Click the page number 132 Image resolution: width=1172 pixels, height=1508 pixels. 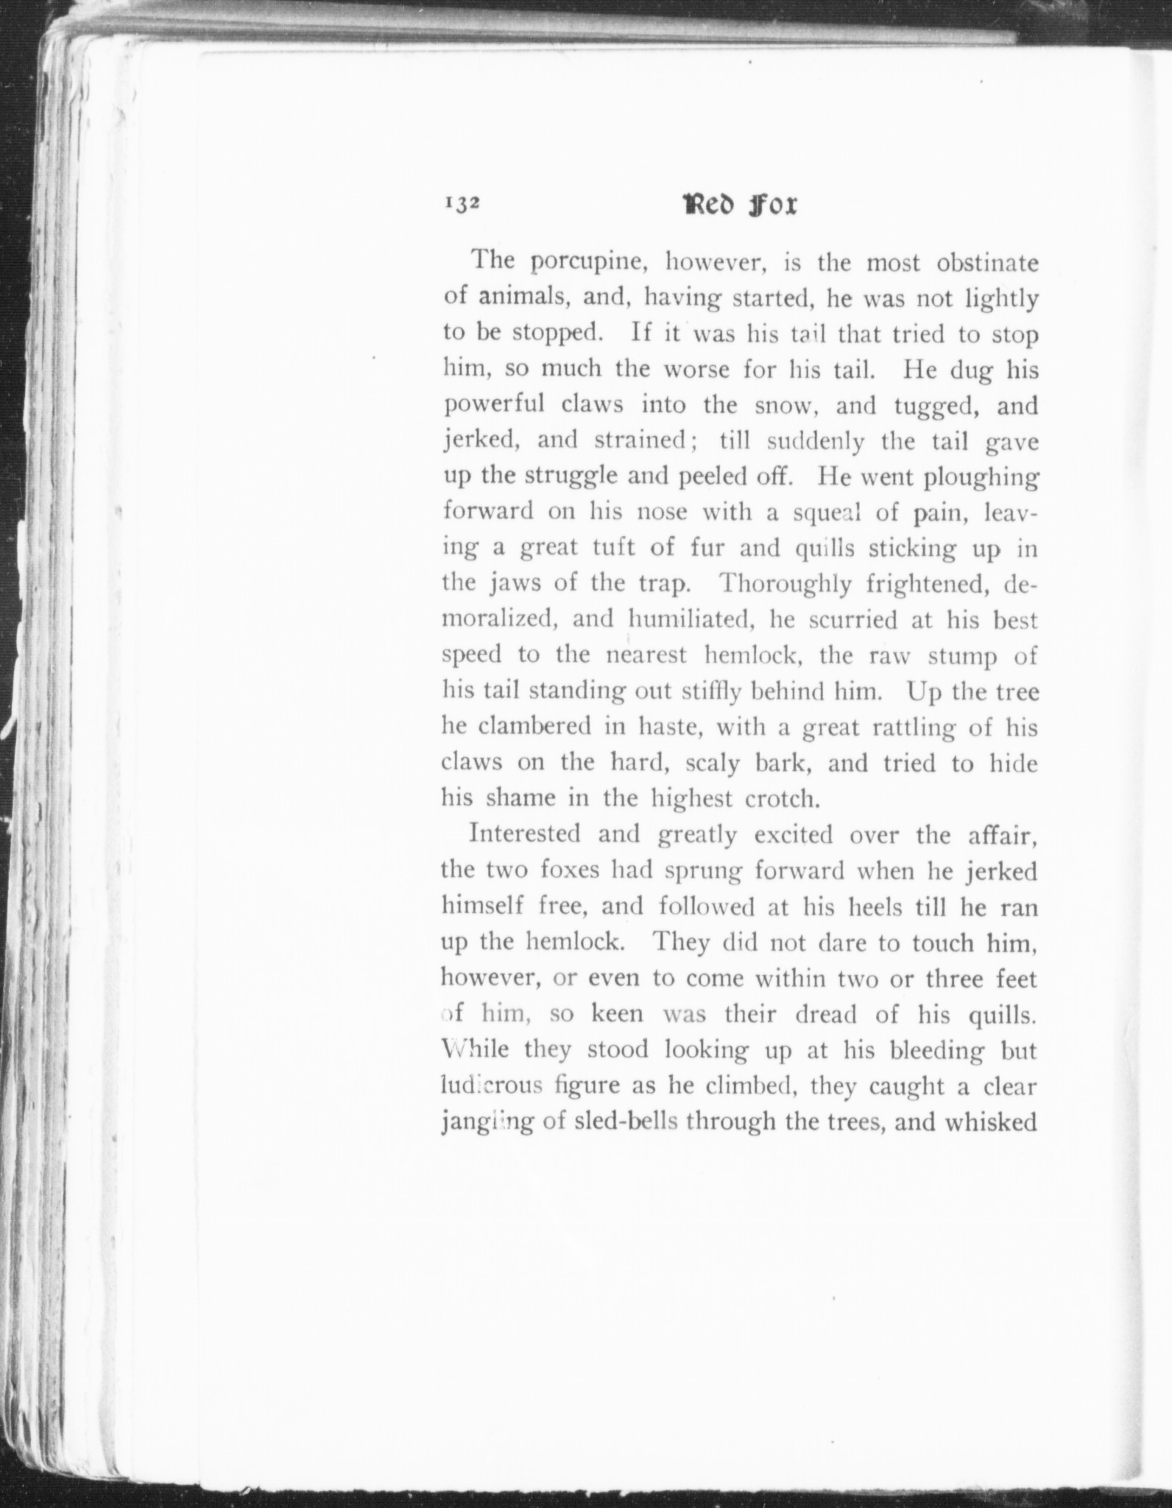pos(462,205)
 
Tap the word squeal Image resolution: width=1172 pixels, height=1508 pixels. pos(827,513)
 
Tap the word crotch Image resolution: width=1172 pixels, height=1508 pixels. pos(783,800)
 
